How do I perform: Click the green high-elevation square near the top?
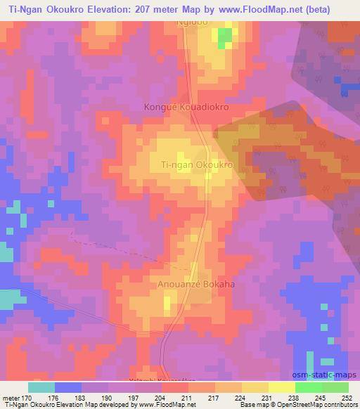pyautogui.click(x=224, y=38)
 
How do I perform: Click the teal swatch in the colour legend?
pyautogui.click(x=41, y=387)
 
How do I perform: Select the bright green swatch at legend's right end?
pyautogui.click(x=334, y=387)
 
